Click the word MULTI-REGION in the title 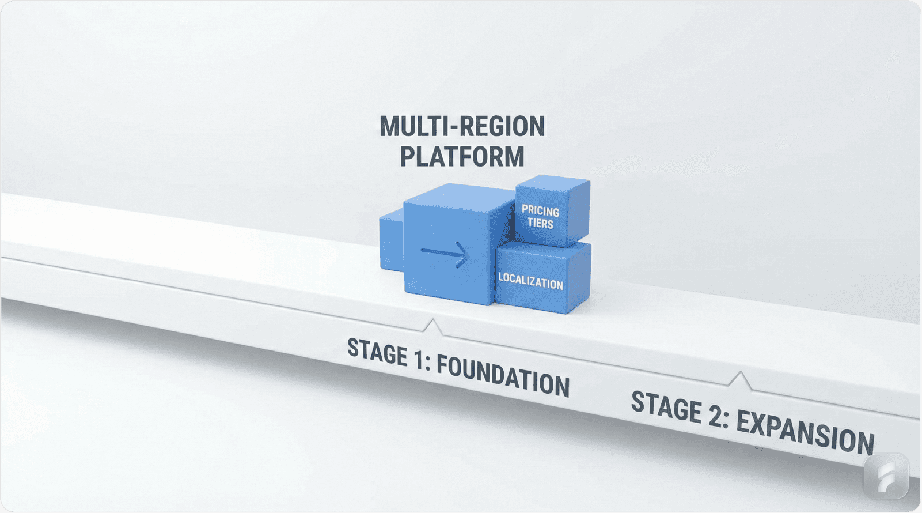tap(462, 127)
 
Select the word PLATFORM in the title tap(462, 157)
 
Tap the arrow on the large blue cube tap(445, 253)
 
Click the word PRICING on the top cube tap(540, 210)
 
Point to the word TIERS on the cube tap(540, 223)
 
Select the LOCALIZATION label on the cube tap(530, 281)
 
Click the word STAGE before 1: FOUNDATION tap(377, 351)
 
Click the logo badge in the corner tap(886, 476)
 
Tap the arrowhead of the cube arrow tap(461, 254)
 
